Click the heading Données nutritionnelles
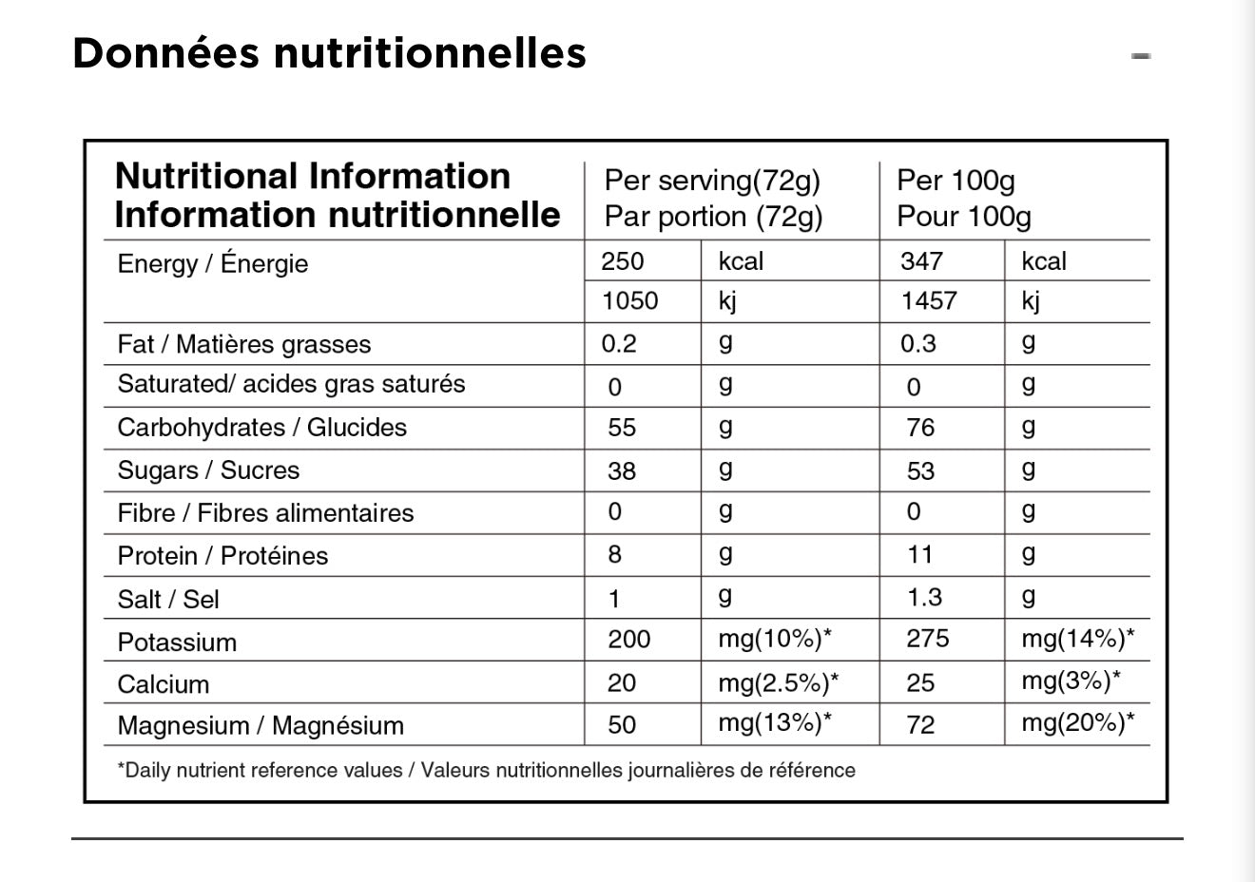[x=329, y=54]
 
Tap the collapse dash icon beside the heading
[x=1141, y=56]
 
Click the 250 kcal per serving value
[x=623, y=261]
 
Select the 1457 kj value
[x=928, y=301]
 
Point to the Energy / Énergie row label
[x=213, y=263]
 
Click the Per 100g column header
[x=956, y=181]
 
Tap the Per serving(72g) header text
[x=712, y=181]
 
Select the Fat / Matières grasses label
[x=244, y=344]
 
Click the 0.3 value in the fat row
[x=918, y=343]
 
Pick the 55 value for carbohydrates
[x=622, y=428]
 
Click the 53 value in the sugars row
[x=920, y=471]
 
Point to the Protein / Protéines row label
[x=223, y=556]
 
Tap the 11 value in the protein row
[x=919, y=555]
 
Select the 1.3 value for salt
[x=924, y=598]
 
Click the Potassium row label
[x=177, y=642]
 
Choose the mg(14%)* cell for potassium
[x=1078, y=639]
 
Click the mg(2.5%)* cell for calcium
[x=779, y=682]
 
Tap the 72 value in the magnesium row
[x=920, y=725]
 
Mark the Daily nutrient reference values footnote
[x=487, y=771]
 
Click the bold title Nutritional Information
[x=313, y=177]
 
